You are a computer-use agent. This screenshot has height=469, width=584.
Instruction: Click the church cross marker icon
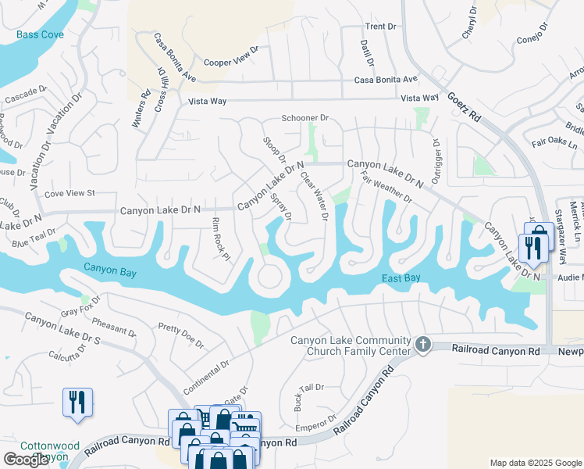[x=423, y=345]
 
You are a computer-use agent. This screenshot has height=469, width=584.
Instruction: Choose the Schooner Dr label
[x=305, y=118]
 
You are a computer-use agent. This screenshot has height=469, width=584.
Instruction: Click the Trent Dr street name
[x=381, y=27]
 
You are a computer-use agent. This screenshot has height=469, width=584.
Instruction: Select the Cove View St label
[x=69, y=192]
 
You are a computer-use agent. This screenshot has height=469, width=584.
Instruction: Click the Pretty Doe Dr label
[x=180, y=335]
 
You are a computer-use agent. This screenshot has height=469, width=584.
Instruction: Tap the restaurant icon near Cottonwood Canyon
[x=77, y=402]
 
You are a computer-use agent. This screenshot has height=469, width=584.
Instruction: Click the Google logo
[x=26, y=460]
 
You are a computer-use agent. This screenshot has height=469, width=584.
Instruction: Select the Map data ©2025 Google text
[x=536, y=463]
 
